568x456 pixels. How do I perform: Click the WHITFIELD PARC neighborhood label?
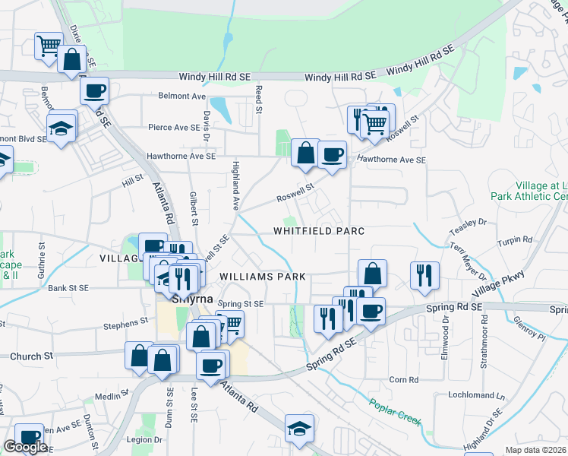319,231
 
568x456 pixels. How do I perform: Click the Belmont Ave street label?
182,97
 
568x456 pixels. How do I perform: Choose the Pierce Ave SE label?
172,128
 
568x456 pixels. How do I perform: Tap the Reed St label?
259,100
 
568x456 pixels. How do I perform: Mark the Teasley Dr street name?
467,223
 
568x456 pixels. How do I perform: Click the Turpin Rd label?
516,240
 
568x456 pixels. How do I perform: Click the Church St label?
31,356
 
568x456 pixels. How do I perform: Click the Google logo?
25,447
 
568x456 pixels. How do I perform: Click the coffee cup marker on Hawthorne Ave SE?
332,154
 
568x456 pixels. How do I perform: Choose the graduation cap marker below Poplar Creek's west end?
300,428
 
